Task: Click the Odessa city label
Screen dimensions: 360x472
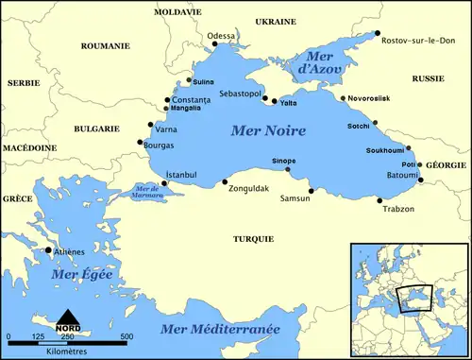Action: point(222,36)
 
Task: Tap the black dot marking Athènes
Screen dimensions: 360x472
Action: point(48,250)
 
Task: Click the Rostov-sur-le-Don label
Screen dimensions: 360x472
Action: point(415,42)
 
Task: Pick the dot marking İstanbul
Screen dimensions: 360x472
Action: point(167,185)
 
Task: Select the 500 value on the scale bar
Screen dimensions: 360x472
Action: point(126,337)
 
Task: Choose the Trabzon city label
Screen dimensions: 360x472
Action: point(396,209)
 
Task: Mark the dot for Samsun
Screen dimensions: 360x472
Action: point(311,191)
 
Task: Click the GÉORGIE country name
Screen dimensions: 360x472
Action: point(447,164)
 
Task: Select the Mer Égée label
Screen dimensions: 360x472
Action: point(83,274)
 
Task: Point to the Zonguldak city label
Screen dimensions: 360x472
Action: point(249,189)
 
